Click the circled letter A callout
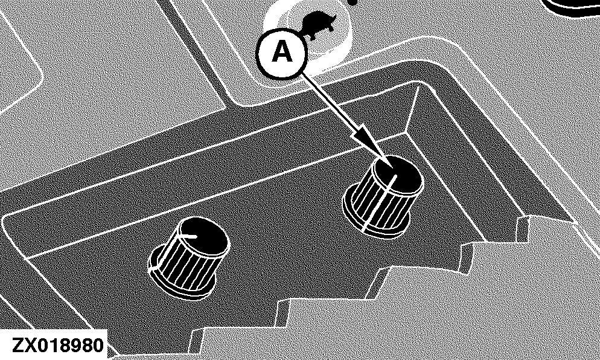coord(281,53)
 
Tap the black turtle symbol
coord(318,25)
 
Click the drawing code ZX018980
coord(57,346)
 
